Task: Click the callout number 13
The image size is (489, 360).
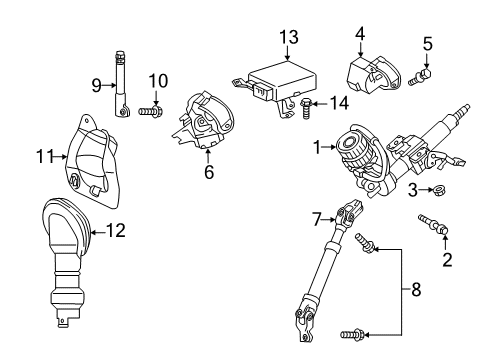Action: (289, 37)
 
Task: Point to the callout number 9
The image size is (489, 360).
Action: (96, 86)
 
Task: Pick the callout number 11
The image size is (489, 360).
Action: (43, 155)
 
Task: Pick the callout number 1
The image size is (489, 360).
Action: (318, 147)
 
